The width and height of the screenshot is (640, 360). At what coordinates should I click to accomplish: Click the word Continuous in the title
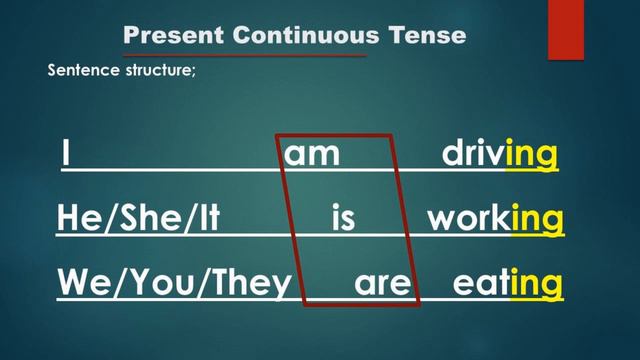point(305,35)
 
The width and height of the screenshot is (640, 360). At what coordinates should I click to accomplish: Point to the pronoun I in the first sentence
point(65,155)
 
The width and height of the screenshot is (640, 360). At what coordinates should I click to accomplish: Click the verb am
point(313,155)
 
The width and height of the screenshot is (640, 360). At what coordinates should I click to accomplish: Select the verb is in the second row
point(343,219)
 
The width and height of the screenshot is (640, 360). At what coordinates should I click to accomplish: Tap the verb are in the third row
point(382,284)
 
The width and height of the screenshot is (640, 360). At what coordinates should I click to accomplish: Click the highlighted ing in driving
point(532,156)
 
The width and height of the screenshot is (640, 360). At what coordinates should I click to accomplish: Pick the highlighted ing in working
point(537,220)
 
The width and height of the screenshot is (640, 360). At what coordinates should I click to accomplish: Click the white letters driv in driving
point(474,155)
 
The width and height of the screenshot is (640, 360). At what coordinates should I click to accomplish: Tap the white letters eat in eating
point(481,284)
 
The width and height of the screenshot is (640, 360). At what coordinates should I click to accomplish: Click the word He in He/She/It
point(76,219)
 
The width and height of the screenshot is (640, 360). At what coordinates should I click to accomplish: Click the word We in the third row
point(81,284)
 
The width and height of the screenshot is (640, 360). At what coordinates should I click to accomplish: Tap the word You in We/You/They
point(155,284)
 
